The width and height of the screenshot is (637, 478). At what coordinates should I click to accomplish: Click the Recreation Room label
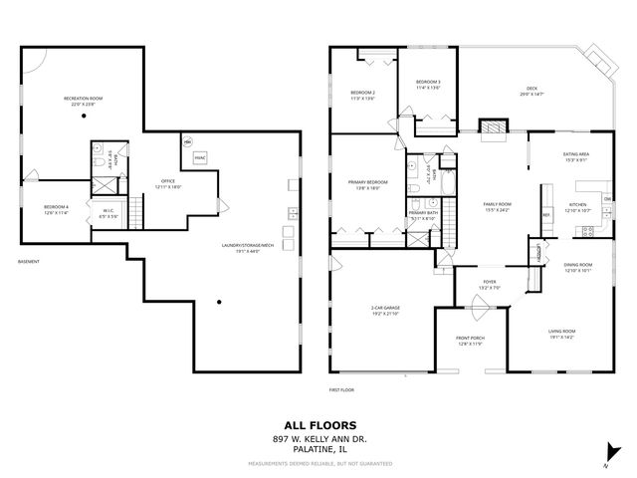(x=84, y=101)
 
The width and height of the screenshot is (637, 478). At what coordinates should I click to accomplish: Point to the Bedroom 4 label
(x=56, y=209)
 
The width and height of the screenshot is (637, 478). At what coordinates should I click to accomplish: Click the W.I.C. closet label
(x=109, y=212)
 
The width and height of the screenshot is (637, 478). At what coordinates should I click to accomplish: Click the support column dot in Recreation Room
(x=84, y=117)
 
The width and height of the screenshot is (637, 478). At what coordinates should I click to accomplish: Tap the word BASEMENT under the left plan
(x=29, y=263)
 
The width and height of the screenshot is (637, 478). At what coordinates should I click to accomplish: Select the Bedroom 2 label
(x=363, y=96)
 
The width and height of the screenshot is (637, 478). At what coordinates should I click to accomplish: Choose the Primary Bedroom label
(x=367, y=185)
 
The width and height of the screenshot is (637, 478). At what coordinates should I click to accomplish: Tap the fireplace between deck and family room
(x=493, y=126)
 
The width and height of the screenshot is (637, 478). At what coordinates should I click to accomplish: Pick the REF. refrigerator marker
(x=546, y=213)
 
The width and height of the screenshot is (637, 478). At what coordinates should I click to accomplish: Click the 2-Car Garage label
(x=385, y=311)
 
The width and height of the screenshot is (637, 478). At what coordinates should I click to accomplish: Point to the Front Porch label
(x=471, y=343)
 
